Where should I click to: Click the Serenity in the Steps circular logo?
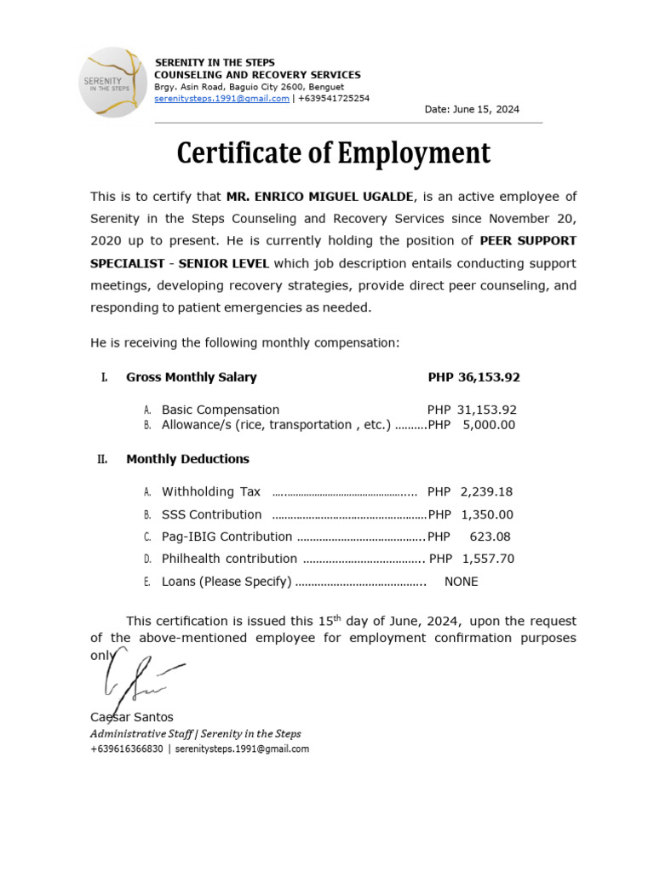click(112, 82)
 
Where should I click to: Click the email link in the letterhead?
click(221, 99)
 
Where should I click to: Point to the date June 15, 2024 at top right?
click(472, 110)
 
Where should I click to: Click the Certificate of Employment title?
click(333, 154)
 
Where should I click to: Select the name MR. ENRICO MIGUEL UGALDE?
click(319, 197)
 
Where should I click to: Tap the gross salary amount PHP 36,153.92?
click(473, 377)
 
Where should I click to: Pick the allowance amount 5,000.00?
click(489, 425)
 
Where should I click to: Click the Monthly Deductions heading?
click(187, 459)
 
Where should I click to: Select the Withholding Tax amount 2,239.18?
click(486, 491)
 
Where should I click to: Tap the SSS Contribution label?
click(211, 514)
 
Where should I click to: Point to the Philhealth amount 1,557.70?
click(488, 559)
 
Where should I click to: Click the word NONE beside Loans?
click(462, 582)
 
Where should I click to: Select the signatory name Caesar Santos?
click(131, 717)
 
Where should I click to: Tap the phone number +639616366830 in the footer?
click(126, 749)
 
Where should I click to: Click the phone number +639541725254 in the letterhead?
click(334, 99)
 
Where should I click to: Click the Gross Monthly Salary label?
click(191, 377)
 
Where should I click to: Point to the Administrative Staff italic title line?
click(195, 733)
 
